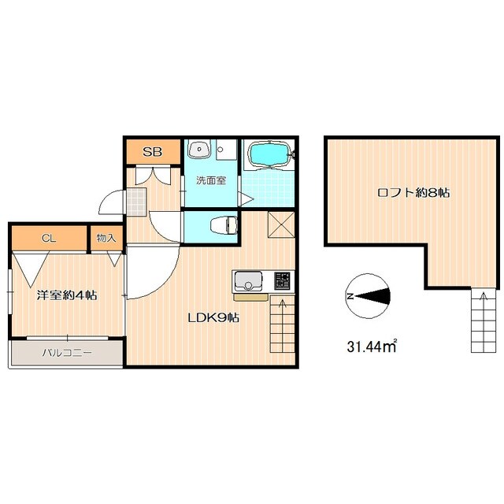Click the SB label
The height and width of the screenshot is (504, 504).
click(152, 152)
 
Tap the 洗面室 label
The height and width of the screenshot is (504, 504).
click(211, 180)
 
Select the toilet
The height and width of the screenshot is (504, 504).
click(224, 224)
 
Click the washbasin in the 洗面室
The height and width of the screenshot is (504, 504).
click(199, 149)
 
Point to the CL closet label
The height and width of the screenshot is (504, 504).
click(49, 238)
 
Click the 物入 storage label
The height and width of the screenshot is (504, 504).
click(106, 238)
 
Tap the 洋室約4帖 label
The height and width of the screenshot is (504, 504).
click(67, 295)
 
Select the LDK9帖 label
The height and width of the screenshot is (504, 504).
click(213, 318)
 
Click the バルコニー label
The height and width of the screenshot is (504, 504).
click(67, 353)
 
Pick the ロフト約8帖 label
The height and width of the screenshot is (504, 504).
click(413, 192)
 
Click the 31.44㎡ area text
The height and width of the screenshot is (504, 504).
click(372, 346)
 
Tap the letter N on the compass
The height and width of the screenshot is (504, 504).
click(350, 296)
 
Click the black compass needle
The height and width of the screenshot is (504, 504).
click(372, 296)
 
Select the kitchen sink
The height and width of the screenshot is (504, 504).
click(248, 280)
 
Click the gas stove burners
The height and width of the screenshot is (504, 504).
click(282, 280)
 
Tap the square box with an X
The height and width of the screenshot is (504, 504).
click(281, 225)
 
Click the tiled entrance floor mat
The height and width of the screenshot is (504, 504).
click(136, 202)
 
